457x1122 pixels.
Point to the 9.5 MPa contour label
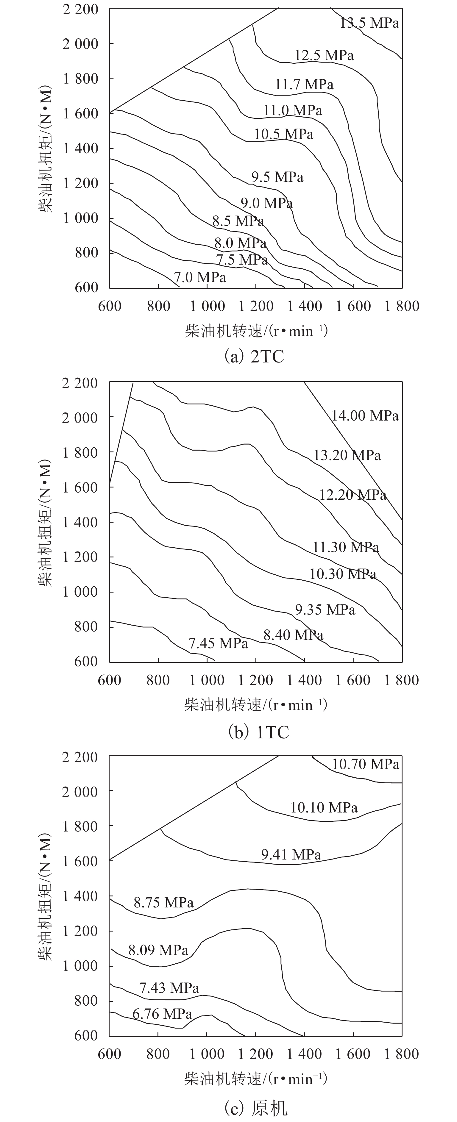point(277,177)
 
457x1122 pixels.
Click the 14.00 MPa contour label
point(365,415)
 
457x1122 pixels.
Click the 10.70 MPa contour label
point(366,764)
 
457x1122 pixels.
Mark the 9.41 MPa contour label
point(291,854)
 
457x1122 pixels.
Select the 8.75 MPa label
point(163,902)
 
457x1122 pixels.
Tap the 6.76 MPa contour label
point(162,1014)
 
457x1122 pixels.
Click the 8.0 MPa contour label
point(240,243)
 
